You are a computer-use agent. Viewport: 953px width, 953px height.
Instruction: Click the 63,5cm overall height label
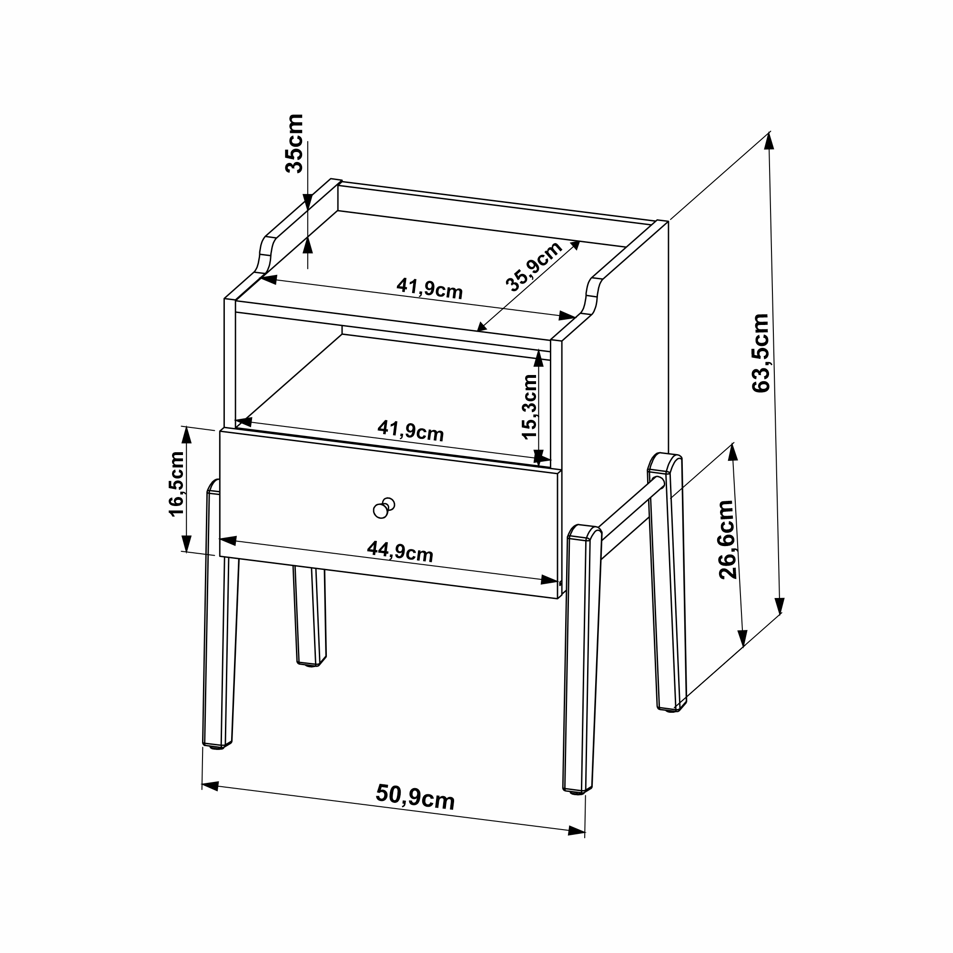(x=760, y=353)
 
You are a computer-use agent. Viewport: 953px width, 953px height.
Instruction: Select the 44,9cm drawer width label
(x=400, y=552)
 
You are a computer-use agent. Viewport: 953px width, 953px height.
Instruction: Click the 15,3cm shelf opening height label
(x=529, y=406)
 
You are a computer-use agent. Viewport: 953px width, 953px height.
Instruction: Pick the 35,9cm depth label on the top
(x=534, y=266)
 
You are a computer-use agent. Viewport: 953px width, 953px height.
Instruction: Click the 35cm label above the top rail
(x=294, y=143)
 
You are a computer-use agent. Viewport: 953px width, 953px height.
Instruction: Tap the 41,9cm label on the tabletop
(x=430, y=289)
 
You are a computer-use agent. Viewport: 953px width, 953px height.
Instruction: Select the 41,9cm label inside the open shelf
(x=410, y=431)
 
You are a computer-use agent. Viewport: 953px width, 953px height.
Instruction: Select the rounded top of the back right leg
(x=665, y=463)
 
